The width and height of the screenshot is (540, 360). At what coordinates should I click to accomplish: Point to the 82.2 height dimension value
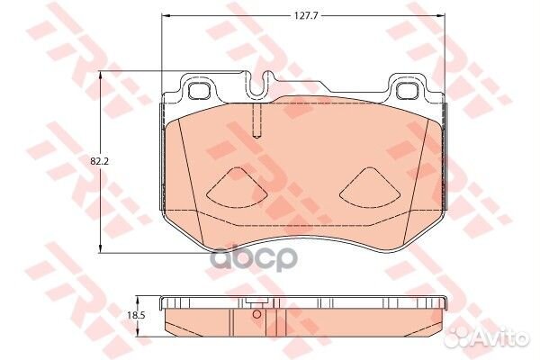coord(99,162)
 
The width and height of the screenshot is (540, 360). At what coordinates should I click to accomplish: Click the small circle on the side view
coord(256,314)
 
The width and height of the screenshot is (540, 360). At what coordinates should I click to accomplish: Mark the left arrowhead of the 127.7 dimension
coord(165,15)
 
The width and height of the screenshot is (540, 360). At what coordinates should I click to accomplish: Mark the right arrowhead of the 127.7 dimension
coord(444,15)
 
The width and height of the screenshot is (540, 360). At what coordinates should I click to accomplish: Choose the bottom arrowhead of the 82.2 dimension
coord(100,251)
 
